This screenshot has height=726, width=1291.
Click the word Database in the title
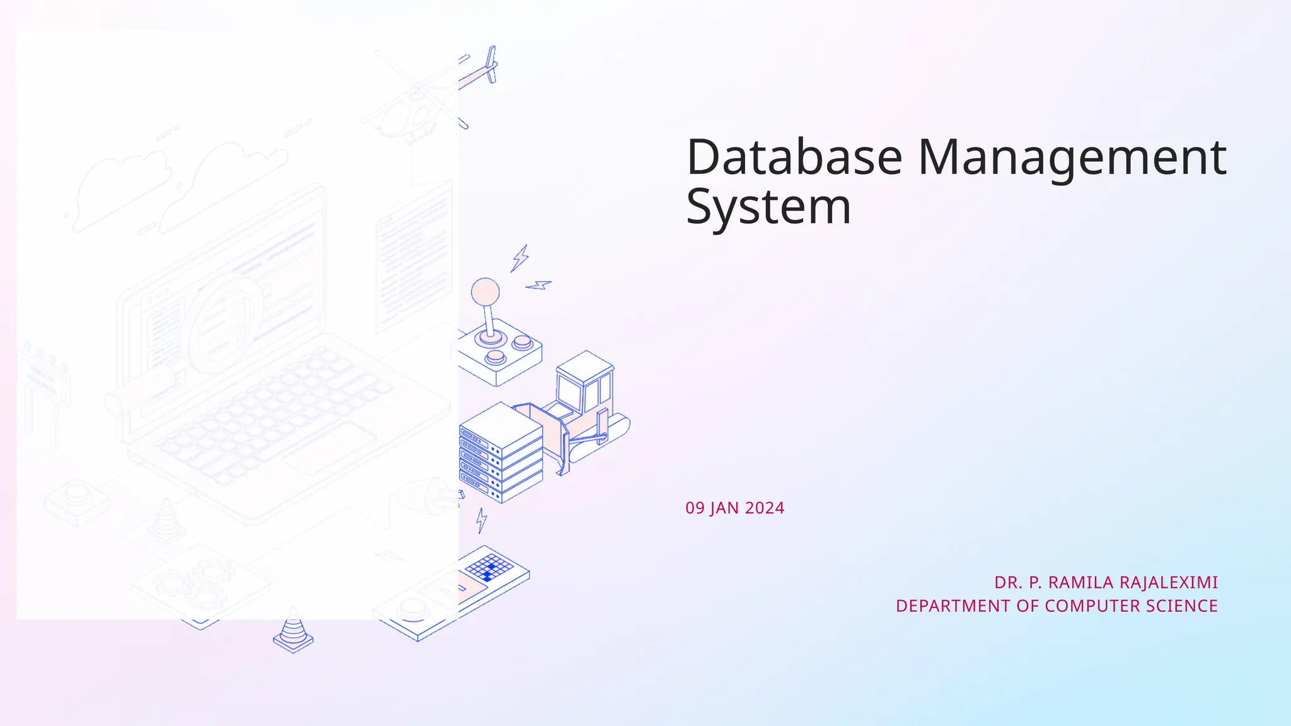point(794,157)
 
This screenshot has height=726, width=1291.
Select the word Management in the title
point(1072,157)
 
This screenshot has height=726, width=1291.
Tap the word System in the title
point(768,207)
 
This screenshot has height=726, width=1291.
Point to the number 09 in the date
point(695,508)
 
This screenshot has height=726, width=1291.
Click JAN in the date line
point(724,508)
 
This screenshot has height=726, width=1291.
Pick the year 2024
point(765,508)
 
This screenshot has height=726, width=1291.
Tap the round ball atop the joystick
point(485,292)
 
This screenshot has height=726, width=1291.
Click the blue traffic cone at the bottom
point(292,630)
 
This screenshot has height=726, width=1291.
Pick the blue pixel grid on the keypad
point(489,567)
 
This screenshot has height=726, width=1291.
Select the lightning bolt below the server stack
point(482,520)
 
